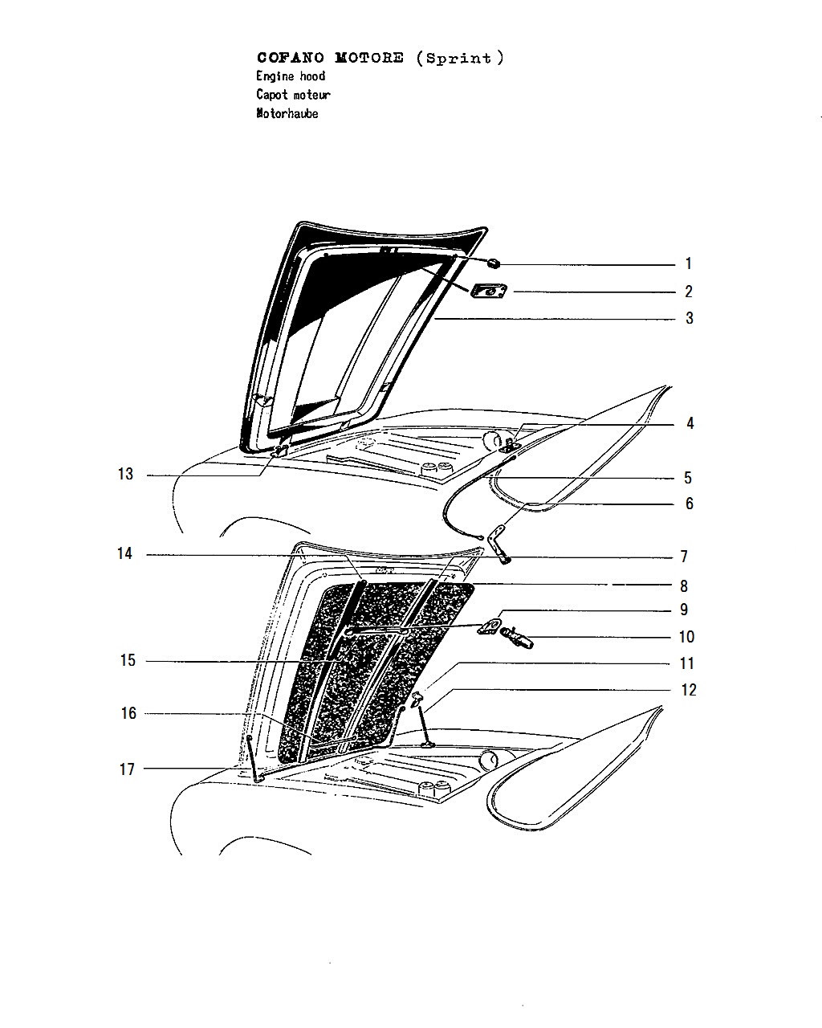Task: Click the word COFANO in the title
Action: tap(291, 58)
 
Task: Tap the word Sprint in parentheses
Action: tap(458, 59)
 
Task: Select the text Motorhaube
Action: tap(287, 113)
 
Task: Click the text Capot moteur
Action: tap(293, 95)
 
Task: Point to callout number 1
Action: tap(688, 263)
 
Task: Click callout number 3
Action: tap(690, 318)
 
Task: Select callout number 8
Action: tap(684, 586)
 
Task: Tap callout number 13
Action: tap(125, 474)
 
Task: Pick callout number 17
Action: tap(127, 769)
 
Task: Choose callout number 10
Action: tap(686, 637)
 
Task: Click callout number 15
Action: tap(128, 660)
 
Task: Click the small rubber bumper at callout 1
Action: tap(494, 263)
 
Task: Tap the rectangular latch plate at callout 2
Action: tap(489, 291)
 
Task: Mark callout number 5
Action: tap(687, 478)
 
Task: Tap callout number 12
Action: tap(688, 690)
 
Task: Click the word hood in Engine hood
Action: tap(312, 76)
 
